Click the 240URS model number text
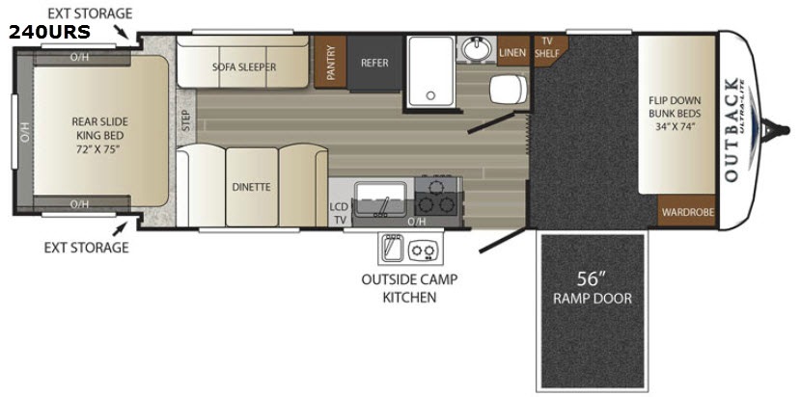pos(49,32)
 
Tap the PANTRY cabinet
pos(330,63)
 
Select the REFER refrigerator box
pos(374,63)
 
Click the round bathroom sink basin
pos(476,49)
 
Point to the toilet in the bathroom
pos(509,89)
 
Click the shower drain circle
pos(430,94)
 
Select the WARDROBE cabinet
pos(688,211)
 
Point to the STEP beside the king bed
pos(186,121)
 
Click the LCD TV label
pos(339,214)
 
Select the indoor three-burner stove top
pos(439,197)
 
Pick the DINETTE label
pos(251,187)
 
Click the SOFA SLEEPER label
pos(244,66)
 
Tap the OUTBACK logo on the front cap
pos(732,130)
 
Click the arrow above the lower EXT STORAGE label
pos(120,227)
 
